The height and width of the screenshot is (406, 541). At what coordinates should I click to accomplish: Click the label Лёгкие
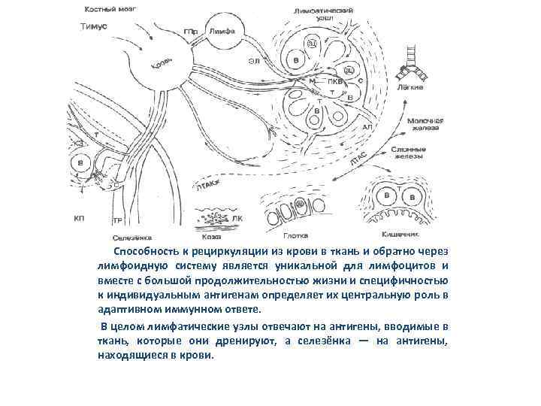coord(410,87)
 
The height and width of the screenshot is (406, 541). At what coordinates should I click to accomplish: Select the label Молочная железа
coord(425,125)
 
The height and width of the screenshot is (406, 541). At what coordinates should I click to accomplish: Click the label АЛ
coord(367,128)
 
